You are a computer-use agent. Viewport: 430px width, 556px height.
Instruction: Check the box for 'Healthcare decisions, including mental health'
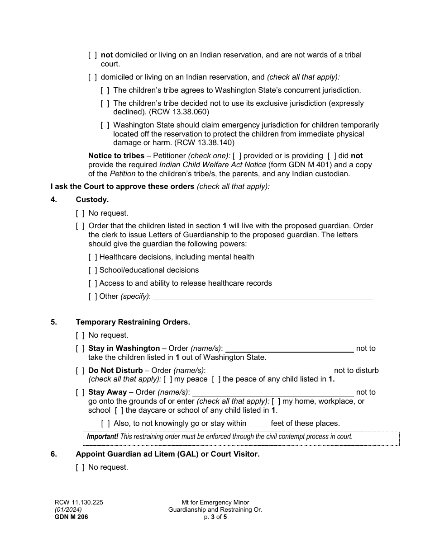[x=93, y=257]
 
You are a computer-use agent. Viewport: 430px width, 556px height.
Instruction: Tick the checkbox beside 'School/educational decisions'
[x=93, y=270]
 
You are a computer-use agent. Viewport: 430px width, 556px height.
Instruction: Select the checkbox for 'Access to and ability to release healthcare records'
[x=93, y=283]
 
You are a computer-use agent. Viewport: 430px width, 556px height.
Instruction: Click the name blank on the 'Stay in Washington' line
[x=289, y=349]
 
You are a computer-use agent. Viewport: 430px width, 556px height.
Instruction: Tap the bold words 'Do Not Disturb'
[x=115, y=371]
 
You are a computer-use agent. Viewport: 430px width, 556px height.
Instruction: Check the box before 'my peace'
[x=167, y=379]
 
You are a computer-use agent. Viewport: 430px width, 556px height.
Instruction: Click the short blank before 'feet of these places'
[x=259, y=424]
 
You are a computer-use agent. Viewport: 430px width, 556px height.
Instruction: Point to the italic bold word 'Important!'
[x=102, y=437]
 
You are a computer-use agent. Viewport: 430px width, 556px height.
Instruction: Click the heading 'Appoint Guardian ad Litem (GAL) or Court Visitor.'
[x=167, y=454]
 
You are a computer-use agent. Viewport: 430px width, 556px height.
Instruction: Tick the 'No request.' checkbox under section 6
[x=80, y=467]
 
